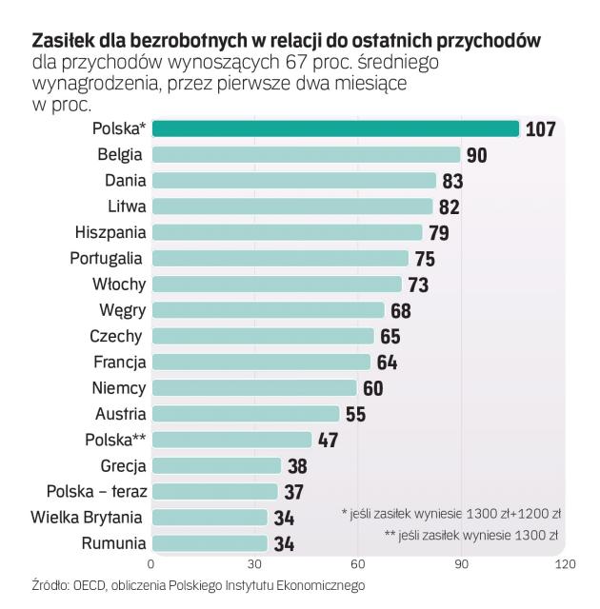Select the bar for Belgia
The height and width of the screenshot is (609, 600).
tap(306, 154)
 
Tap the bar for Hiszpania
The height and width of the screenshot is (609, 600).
tap(287, 232)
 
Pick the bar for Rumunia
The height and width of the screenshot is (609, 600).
tap(210, 543)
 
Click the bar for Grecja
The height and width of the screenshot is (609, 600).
tap(216, 465)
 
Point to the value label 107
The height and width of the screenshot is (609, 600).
tap(540, 128)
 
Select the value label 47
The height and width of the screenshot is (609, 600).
tap(328, 440)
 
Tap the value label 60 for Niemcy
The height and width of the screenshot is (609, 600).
tap(372, 388)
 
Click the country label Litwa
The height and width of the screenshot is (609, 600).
tap(126, 206)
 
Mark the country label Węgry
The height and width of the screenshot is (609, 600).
tap(122, 309)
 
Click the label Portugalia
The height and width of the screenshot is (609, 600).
tap(107, 258)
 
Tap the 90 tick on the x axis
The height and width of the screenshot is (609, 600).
tap(461, 564)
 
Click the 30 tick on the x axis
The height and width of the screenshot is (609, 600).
tap(255, 564)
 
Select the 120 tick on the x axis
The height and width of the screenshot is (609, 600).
tap(564, 564)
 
